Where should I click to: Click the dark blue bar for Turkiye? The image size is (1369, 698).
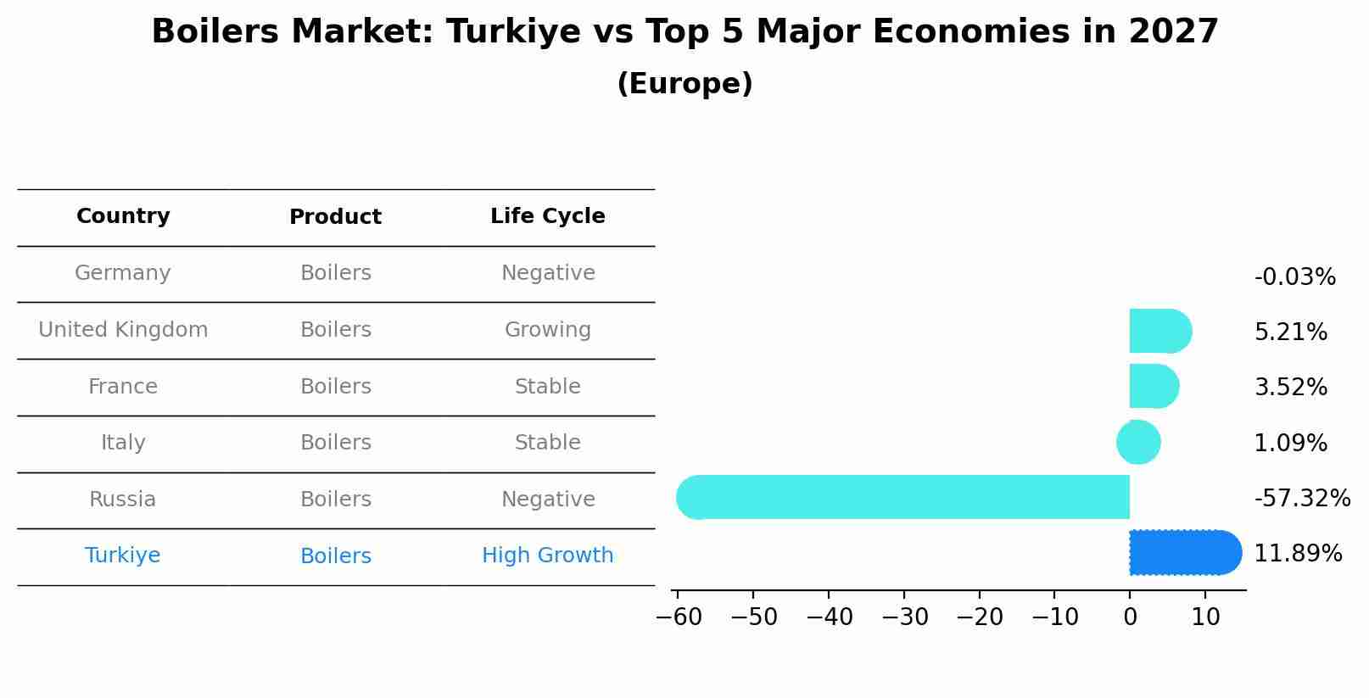pyautogui.click(x=1184, y=553)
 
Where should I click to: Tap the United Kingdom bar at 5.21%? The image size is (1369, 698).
pyautogui.click(x=1159, y=331)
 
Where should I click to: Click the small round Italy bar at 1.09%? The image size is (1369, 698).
pyautogui.click(x=1138, y=442)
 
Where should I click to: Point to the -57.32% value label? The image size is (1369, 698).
pyautogui.click(x=1301, y=499)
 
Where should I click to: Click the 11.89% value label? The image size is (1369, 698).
pyautogui.click(x=1297, y=554)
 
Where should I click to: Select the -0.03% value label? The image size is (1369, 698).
pyautogui.click(x=1294, y=277)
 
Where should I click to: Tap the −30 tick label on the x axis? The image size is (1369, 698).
pyautogui.click(x=904, y=617)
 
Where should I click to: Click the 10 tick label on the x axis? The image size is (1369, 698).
pyautogui.click(x=1205, y=617)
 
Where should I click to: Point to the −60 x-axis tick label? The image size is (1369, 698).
pyautogui.click(x=679, y=617)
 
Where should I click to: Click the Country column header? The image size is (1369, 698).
pyautogui.click(x=123, y=216)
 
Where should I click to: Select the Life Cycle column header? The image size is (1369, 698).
pyautogui.click(x=548, y=216)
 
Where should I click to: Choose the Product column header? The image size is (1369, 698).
pyautogui.click(x=335, y=217)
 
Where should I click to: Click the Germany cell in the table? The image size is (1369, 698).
pyautogui.click(x=123, y=273)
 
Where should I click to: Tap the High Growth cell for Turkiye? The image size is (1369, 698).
pyautogui.click(x=548, y=556)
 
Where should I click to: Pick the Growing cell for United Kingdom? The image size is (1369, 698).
pyautogui.click(x=548, y=330)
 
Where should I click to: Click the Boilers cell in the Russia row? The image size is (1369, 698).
pyautogui.click(x=335, y=500)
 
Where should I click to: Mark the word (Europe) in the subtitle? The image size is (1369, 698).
pyautogui.click(x=684, y=84)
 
